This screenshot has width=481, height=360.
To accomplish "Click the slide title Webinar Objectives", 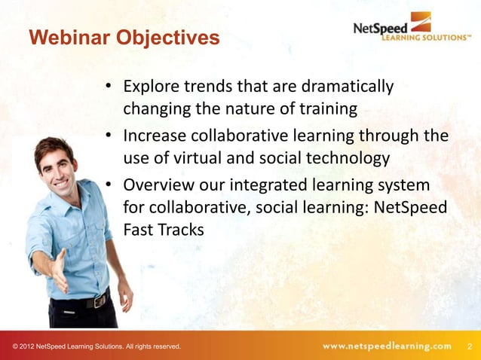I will pos(124,37).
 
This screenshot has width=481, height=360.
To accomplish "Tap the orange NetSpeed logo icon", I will pos(420,21).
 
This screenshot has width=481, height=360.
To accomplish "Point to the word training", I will pos(325,110).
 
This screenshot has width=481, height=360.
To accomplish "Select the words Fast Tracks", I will pos(164,231).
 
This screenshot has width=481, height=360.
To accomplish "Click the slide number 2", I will pos(470,346).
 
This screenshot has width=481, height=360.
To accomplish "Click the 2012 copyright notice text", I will pos(97,346).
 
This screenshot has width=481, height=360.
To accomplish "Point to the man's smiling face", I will pos(57,163).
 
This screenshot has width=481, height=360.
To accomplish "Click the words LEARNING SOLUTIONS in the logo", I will pos(424,36).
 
